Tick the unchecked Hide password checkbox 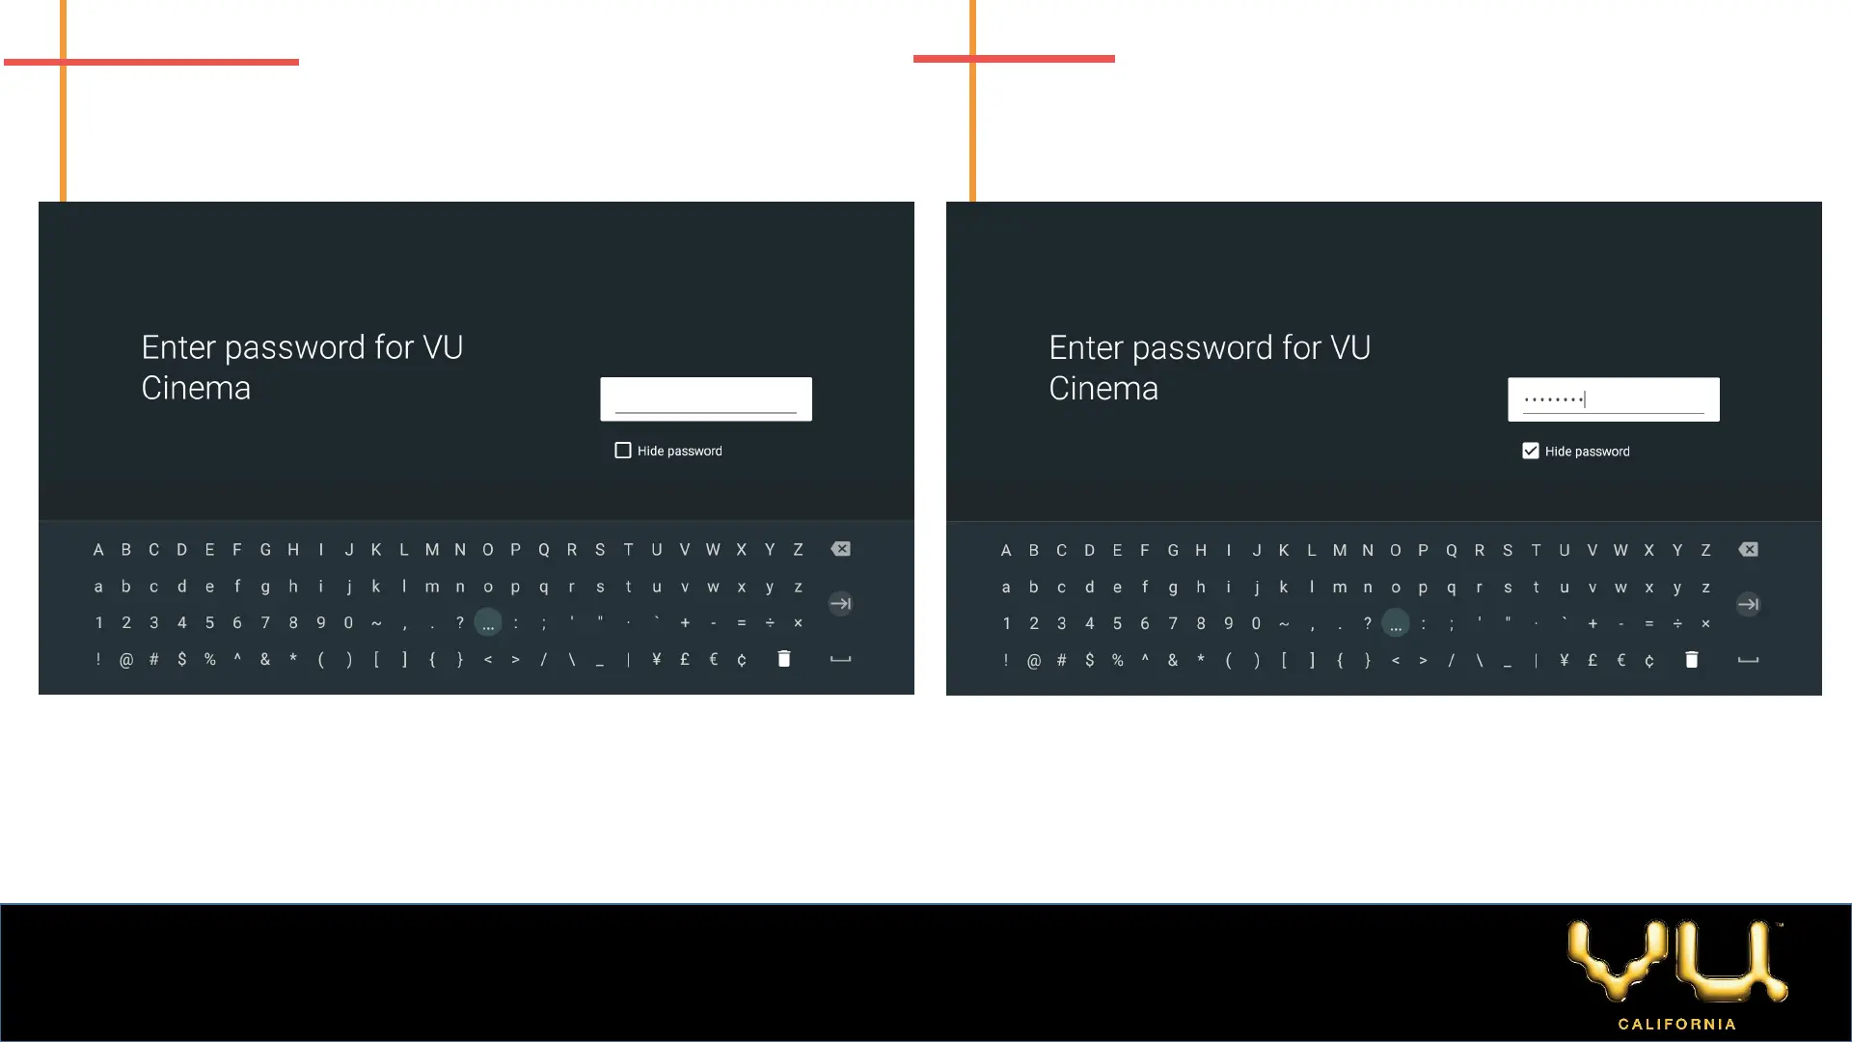coord(623,451)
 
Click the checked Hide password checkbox coord(1531,451)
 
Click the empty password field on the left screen coord(706,398)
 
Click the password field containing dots coord(1613,398)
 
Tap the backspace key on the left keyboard coord(841,549)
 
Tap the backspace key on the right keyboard coord(1748,550)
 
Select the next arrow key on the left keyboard coord(841,604)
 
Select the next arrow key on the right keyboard coord(1748,605)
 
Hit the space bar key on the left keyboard coord(841,659)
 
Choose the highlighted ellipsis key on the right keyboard coord(1396,624)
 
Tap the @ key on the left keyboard coord(126,660)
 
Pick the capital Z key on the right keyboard coord(1705,550)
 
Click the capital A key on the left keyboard coord(98,550)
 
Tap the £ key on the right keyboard coord(1593,660)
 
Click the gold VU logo coord(1677,961)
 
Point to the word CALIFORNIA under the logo coord(1677,1024)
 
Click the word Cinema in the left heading coord(196,388)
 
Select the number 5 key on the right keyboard coord(1117,623)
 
